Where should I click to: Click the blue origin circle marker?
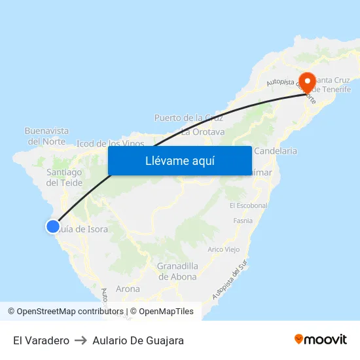point(53,226)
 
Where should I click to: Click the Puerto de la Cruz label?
point(189,118)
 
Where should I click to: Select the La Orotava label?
point(203,132)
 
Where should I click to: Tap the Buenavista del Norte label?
point(46,136)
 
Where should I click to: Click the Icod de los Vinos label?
point(111,143)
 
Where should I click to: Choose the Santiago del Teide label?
point(65,177)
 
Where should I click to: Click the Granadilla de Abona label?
point(177,271)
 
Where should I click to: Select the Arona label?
point(128,289)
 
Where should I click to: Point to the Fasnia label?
point(243,221)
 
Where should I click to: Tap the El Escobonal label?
point(249,205)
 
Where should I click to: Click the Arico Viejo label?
point(224,249)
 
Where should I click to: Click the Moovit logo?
point(321,339)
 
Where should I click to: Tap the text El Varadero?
point(41,340)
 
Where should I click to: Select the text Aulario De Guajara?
point(138,340)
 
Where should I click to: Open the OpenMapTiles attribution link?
point(162,312)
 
